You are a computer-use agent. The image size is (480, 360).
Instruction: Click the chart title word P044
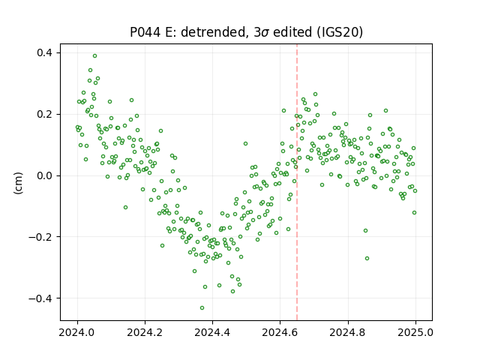145,32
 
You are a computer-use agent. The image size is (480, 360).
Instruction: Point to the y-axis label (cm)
18,183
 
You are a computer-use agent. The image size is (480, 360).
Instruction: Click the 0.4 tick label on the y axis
45,53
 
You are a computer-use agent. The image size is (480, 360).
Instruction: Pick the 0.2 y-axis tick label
45,114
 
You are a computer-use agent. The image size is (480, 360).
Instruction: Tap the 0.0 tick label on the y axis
45,175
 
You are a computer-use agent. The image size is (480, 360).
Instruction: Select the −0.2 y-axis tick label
40,237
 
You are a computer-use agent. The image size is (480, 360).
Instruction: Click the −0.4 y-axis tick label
40,298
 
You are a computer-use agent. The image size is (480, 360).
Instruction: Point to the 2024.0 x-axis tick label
77,332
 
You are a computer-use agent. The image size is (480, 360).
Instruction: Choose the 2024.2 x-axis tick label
145,332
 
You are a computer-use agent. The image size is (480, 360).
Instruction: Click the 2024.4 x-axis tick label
212,332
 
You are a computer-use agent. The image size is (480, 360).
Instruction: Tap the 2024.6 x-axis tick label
280,332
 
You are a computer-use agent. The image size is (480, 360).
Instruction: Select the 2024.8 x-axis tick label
348,332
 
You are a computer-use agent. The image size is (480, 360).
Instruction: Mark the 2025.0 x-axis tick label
415,332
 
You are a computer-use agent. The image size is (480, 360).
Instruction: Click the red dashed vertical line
297,182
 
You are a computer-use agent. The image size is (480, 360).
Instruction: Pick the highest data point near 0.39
95,56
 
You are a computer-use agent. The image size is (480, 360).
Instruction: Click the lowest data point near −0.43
202,308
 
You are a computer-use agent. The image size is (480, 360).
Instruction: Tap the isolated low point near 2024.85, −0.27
367,259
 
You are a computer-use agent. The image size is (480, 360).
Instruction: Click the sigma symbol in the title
266,33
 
